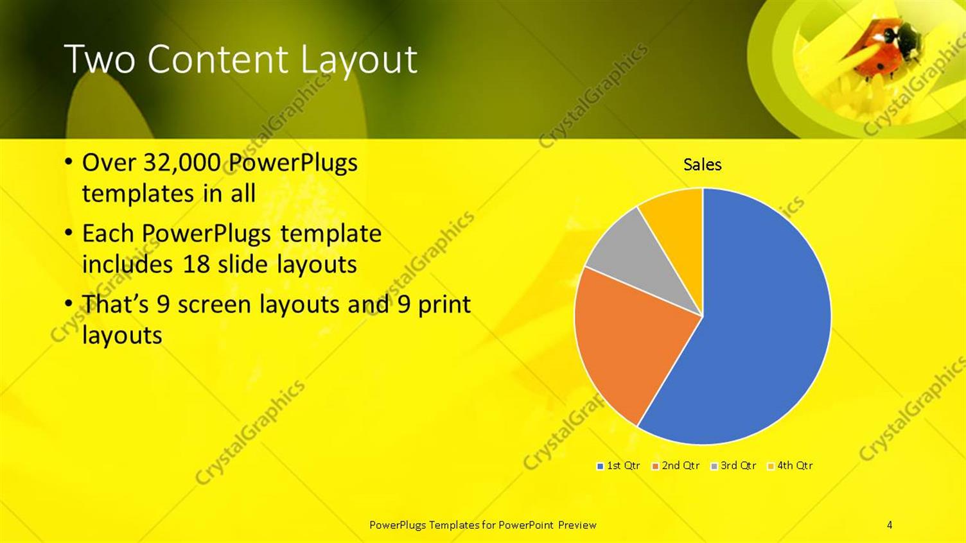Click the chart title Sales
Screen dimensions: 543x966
(702, 165)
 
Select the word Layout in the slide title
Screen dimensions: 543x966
(358, 59)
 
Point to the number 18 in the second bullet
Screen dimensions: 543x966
(197, 264)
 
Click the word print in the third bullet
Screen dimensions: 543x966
(444, 304)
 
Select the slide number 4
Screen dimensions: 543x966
(890, 525)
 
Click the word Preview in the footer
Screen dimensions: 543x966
(577, 525)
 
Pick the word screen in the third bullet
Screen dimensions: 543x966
(215, 304)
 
